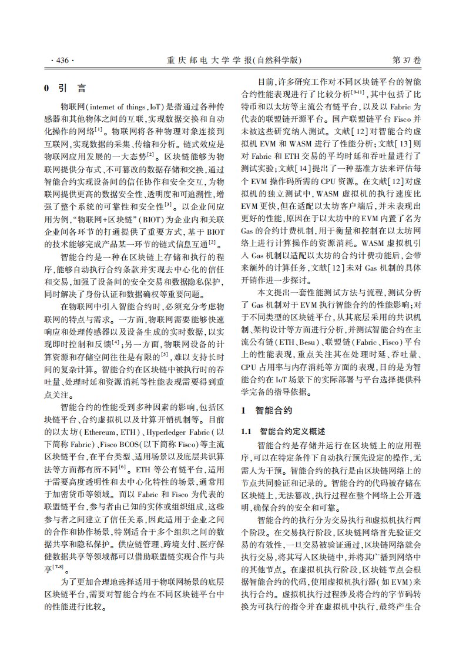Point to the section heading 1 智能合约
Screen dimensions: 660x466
pyautogui.click(x=267, y=409)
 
